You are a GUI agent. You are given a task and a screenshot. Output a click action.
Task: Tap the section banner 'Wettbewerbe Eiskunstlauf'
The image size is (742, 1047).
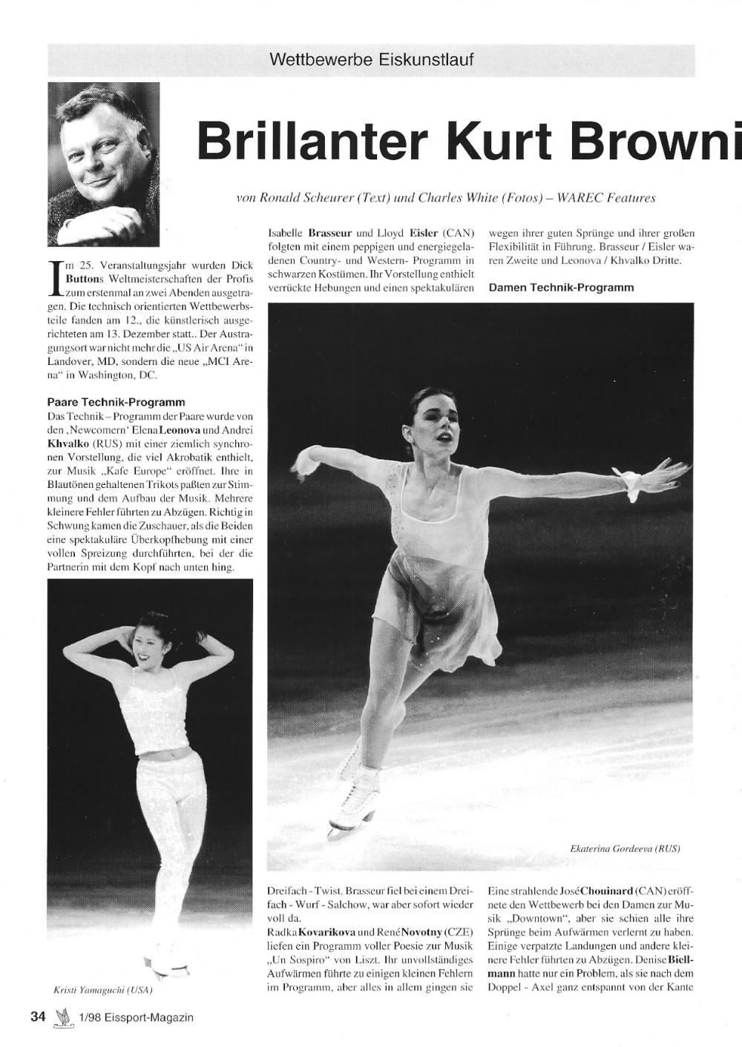(372, 59)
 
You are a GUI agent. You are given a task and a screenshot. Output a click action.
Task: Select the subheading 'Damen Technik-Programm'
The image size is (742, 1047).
(562, 287)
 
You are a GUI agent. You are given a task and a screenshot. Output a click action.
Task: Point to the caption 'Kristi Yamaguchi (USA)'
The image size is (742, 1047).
(103, 989)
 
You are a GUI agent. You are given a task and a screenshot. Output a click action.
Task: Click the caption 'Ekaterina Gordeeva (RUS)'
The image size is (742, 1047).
(626, 848)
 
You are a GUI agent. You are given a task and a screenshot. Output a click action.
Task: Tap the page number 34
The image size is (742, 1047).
(39, 1017)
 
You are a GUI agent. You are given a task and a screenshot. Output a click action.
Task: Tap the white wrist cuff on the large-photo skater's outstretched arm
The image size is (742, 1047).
(632, 485)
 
